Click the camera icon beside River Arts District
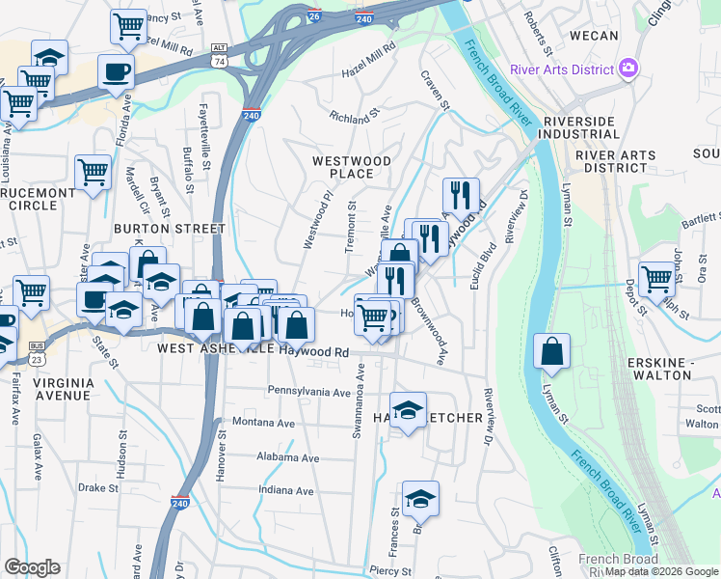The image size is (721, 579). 629,68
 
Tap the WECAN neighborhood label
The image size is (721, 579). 594,36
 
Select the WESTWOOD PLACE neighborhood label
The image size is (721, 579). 351,167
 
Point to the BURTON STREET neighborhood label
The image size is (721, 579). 170,229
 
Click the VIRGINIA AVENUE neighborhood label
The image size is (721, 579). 64,389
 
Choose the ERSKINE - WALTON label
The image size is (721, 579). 672,369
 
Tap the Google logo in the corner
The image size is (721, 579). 32,567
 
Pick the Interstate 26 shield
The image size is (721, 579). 314,16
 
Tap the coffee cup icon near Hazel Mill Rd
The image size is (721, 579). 116,70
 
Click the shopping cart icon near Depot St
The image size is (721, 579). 656,279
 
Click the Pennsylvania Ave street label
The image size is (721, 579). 309,393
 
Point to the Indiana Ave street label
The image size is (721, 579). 286,491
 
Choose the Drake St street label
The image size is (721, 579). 98,488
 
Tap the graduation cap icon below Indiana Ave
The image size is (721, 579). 420,499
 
